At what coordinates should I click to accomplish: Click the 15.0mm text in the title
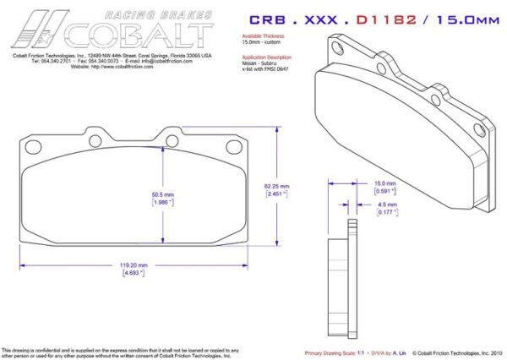461,19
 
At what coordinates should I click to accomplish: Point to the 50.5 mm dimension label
162,194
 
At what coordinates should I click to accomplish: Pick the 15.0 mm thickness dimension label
385,183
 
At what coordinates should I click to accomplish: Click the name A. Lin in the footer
400,352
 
